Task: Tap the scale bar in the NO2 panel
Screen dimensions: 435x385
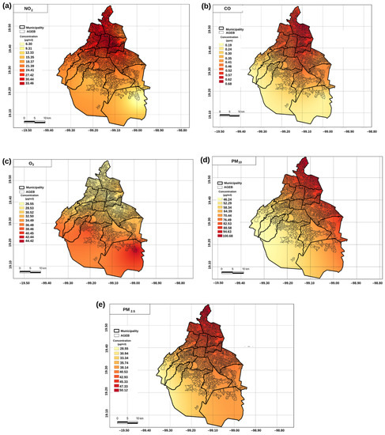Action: (32, 120)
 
